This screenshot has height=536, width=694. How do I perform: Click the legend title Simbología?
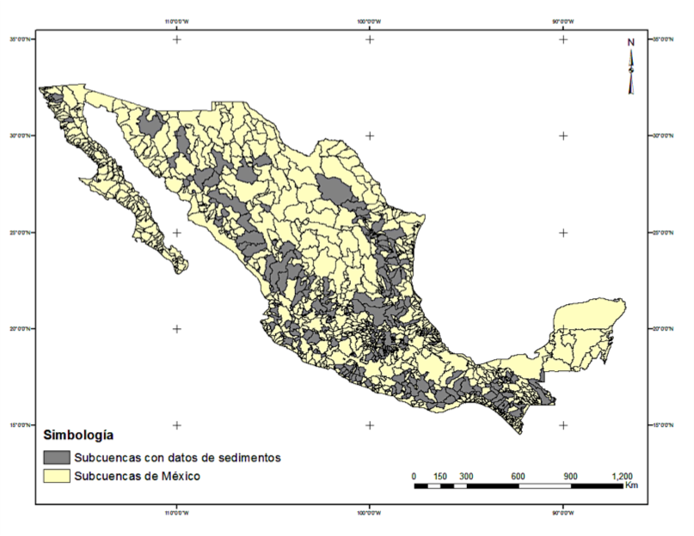[x=78, y=435]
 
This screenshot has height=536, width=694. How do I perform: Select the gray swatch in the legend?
[x=57, y=457]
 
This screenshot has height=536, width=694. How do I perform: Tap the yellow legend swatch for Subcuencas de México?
[x=57, y=475]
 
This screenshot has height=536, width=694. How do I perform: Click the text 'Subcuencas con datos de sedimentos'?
[x=178, y=457]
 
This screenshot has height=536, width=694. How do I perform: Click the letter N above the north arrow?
[x=630, y=42]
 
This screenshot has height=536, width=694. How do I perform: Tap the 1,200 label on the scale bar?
[x=622, y=476]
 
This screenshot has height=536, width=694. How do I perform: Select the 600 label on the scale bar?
[x=519, y=476]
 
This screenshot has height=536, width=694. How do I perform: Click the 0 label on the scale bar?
[x=415, y=476]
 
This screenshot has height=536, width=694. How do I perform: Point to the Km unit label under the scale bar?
[x=631, y=486]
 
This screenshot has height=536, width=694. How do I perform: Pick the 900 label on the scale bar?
[x=570, y=476]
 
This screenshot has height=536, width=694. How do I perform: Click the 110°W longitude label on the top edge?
[x=177, y=21]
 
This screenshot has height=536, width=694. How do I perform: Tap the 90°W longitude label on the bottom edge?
[x=563, y=515]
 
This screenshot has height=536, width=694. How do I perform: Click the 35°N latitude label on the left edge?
[x=21, y=40]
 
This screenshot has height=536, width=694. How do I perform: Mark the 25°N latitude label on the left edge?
[x=21, y=233]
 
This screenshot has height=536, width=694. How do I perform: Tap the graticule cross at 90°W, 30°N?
[x=563, y=136]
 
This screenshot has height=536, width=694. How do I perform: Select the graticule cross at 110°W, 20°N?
[x=177, y=329]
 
